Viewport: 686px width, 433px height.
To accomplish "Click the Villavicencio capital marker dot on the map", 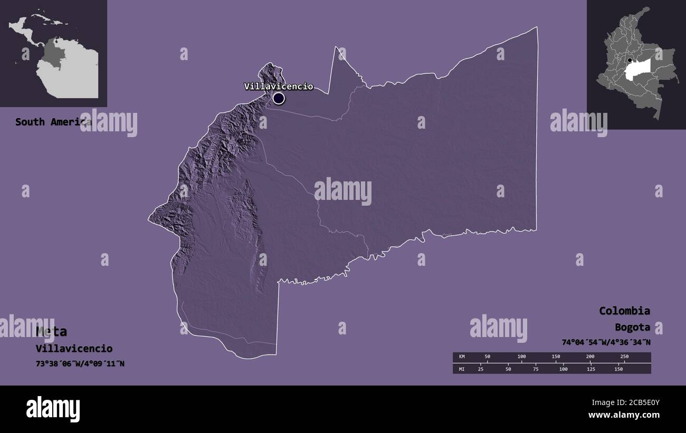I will click(x=279, y=98).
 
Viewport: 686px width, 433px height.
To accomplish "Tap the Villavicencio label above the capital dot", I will click(x=278, y=86).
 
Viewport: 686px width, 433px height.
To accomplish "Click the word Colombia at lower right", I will click(x=624, y=311).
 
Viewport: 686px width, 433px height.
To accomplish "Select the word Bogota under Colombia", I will click(x=632, y=327).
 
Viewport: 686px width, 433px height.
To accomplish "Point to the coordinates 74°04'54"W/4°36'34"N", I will click(x=606, y=342).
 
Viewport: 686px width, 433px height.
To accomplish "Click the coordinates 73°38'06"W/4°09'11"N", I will click(x=80, y=363).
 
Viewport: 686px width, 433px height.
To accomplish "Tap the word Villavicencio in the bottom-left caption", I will click(x=74, y=348).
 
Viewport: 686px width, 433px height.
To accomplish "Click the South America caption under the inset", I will click(x=53, y=122).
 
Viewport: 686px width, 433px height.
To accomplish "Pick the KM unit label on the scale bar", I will click(x=462, y=357).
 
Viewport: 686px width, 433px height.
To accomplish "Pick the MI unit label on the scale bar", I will click(x=462, y=369).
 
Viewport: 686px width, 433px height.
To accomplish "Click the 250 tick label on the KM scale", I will click(x=624, y=357).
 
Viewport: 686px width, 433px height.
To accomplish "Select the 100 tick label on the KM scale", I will click(x=521, y=357).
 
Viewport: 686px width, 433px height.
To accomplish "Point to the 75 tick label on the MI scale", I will click(x=536, y=369).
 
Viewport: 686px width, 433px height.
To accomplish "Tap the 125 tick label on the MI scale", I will click(x=591, y=369).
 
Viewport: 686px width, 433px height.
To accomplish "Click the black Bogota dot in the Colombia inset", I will click(x=630, y=60).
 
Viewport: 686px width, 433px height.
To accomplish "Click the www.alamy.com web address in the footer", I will click(x=624, y=415).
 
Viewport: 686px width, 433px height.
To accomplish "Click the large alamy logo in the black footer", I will click(x=53, y=409).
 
